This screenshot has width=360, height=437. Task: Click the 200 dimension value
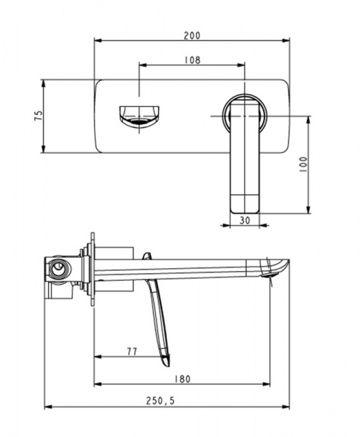tap(192, 36)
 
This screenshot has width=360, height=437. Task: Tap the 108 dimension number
tap(192, 60)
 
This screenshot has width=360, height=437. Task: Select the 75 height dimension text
tap(39, 115)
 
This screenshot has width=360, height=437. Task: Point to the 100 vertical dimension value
tap(303, 165)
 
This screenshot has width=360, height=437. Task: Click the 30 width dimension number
tap(245, 220)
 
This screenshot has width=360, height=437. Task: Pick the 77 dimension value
tap(132, 352)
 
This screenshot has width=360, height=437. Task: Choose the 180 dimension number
tap(182, 379)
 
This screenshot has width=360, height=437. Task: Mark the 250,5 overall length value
tap(160, 401)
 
